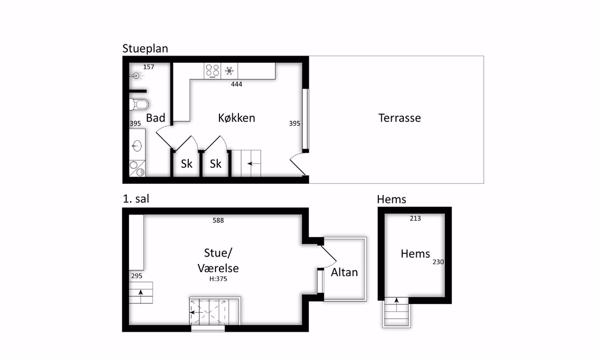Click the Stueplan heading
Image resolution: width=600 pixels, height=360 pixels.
point(145,48)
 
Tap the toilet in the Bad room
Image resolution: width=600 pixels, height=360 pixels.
point(138,104)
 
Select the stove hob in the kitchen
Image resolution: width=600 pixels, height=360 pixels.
point(212,71)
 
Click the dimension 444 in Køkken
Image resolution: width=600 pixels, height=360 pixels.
point(237,84)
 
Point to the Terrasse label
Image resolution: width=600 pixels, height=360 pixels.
point(399,118)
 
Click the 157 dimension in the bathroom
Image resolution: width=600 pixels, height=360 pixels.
point(148,67)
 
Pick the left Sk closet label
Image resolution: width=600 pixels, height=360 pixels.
point(186,164)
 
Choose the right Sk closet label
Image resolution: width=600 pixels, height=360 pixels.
point(216,164)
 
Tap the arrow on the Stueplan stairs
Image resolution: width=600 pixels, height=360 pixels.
point(254,164)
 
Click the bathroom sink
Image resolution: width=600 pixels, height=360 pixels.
point(137,146)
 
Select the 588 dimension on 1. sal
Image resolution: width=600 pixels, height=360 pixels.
point(218,221)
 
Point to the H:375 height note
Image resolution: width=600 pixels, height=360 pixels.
point(218,279)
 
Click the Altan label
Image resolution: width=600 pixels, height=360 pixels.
point(344,272)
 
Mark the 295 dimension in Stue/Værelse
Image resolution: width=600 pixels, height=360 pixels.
point(137,276)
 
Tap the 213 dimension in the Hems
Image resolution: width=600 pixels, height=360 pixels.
point(415,218)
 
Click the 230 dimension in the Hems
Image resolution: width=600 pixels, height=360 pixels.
point(438,262)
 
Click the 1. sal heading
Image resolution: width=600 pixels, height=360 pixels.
point(136,199)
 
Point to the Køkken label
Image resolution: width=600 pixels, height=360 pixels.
point(237,118)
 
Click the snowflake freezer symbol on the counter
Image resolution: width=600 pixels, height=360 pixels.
point(229,71)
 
